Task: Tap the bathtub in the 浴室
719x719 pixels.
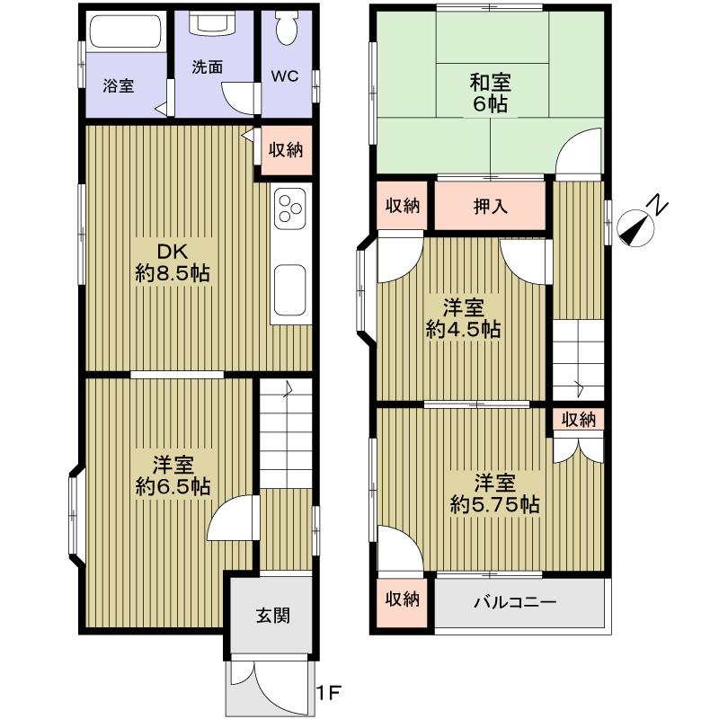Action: point(125,33)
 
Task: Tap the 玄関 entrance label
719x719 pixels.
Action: point(271,616)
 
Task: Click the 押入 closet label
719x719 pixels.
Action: point(491,206)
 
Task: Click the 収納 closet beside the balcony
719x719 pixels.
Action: point(403,599)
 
